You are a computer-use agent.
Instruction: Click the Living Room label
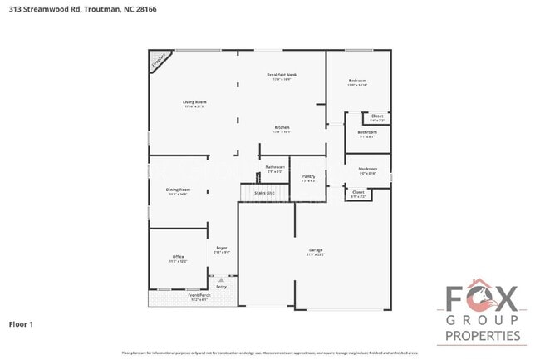click(x=194, y=102)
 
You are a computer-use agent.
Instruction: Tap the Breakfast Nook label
click(x=282, y=75)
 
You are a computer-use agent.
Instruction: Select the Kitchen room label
click(x=282, y=127)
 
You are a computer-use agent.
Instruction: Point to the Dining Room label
click(x=179, y=190)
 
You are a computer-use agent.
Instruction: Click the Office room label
click(x=179, y=256)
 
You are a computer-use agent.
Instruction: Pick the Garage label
click(x=316, y=250)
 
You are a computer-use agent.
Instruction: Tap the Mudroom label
click(x=367, y=169)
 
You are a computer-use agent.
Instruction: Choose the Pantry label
click(x=308, y=176)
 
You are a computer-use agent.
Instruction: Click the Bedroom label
click(x=357, y=81)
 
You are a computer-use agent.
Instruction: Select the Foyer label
click(x=222, y=248)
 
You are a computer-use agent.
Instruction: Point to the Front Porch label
click(x=199, y=295)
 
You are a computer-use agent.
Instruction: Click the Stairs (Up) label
click(x=264, y=192)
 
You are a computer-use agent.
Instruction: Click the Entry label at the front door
click(x=221, y=287)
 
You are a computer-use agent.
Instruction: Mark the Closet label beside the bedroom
click(x=377, y=116)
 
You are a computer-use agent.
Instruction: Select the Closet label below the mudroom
click(x=358, y=192)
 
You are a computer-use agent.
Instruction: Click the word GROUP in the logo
click(x=483, y=320)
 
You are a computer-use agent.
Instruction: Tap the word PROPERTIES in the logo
click(x=483, y=336)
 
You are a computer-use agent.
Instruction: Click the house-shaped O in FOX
click(x=483, y=295)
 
